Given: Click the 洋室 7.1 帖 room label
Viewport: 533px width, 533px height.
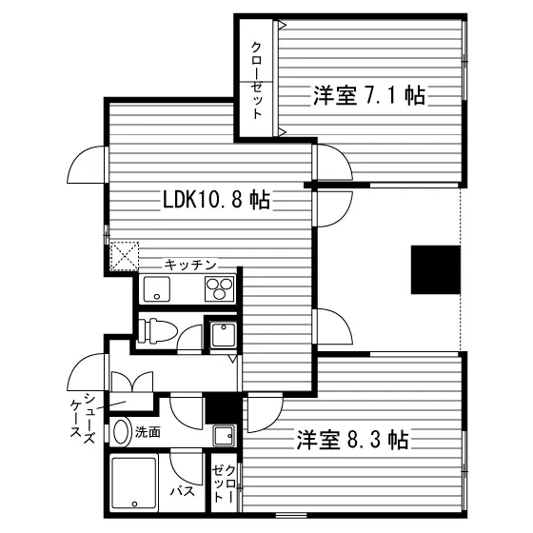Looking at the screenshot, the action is [x=369, y=95].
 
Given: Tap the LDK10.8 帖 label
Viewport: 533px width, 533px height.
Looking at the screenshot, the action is [x=217, y=200].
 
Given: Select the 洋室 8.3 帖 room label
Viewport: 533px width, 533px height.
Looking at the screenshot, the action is [x=352, y=440].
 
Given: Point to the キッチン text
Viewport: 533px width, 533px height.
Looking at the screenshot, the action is [x=190, y=265].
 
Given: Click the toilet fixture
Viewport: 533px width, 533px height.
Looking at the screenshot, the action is [x=158, y=330].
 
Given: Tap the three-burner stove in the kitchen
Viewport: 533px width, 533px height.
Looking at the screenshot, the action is [x=220, y=289].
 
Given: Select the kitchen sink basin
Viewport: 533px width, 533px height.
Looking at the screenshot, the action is [x=157, y=289].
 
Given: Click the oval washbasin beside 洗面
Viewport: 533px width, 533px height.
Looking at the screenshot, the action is [x=122, y=432].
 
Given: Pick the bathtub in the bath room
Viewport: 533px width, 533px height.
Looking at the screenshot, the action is [x=134, y=484].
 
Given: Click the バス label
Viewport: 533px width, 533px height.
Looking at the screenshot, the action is [x=183, y=491].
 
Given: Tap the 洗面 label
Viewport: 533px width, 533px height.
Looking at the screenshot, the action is [x=148, y=432].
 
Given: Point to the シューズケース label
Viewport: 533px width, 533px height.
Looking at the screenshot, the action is [x=83, y=417].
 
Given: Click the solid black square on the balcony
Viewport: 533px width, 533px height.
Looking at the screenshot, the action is [x=436, y=269].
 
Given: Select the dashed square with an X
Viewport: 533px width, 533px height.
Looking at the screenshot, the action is [x=125, y=256].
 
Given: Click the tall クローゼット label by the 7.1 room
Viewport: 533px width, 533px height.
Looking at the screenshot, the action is [x=256, y=80].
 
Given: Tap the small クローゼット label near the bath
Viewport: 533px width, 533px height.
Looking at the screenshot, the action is [x=224, y=483].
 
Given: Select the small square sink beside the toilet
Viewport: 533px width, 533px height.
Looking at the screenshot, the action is [x=223, y=335].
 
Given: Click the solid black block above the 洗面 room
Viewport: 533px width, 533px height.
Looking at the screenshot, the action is [x=221, y=408].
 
